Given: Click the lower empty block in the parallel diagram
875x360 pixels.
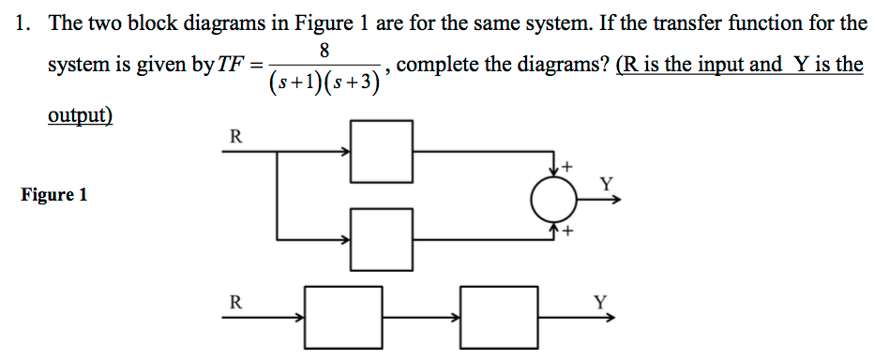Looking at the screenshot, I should click(381, 238).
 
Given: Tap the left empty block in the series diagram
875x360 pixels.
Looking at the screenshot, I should click(344, 317).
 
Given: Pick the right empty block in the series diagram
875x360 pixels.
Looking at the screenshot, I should click(499, 317).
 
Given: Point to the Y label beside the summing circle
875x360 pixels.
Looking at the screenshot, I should click(606, 183).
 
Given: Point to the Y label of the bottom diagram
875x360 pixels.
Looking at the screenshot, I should click(600, 302).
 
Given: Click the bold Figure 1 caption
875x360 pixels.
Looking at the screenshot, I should click(53, 195).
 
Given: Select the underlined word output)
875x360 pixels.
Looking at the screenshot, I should click(80, 116).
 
